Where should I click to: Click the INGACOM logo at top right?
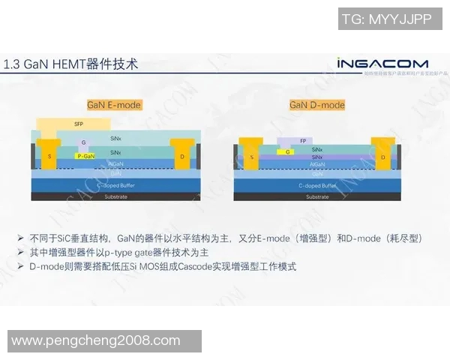pyautogui.click(x=382, y=64)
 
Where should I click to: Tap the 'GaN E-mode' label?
pyautogui.click(x=115, y=105)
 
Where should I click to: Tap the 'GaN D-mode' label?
pyautogui.click(x=317, y=105)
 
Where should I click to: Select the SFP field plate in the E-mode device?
pyautogui.click(x=78, y=124)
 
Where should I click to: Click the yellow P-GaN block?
pyautogui.click(x=86, y=156)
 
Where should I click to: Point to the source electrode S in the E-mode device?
pyautogui.click(x=49, y=155)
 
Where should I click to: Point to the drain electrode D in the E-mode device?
pyautogui.click(x=181, y=155)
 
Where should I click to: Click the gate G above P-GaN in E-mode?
pyautogui.click(x=84, y=142)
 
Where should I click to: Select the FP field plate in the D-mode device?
pyautogui.click(x=303, y=141)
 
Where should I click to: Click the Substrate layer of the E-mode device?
pyautogui.click(x=115, y=196)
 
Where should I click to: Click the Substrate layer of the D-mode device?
pyautogui.click(x=317, y=196)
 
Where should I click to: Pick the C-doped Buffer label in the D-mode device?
pyautogui.click(x=317, y=184)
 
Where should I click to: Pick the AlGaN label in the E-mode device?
pyautogui.click(x=115, y=163)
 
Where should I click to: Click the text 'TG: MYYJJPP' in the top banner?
pyautogui.click(x=387, y=19)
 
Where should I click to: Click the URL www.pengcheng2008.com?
pyautogui.click(x=96, y=341)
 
